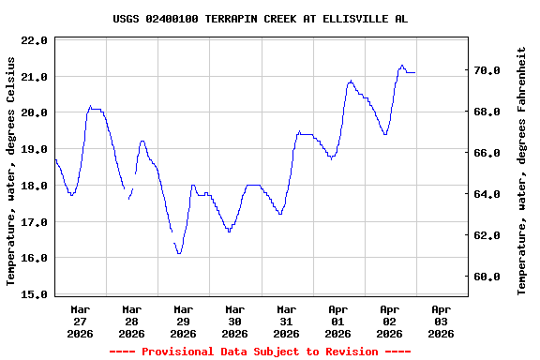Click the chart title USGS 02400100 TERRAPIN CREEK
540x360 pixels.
pos(260,19)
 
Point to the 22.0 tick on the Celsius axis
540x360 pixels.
pos(34,40)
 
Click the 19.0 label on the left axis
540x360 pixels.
pos(34,149)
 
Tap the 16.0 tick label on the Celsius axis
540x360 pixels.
pos(34,258)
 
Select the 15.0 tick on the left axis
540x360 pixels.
pos(34,294)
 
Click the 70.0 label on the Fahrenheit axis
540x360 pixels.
pos(488,70)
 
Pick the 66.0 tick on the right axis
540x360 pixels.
pos(488,153)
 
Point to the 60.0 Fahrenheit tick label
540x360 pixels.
pos(488,277)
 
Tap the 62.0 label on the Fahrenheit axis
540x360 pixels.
pos(488,235)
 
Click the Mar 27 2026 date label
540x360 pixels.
pos(80,321)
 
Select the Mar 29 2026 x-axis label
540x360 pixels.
pos(183,321)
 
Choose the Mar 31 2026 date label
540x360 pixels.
pos(286,321)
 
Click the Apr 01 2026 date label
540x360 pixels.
pos(337,321)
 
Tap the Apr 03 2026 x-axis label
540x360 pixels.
pos(441,321)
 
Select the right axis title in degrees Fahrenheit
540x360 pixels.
pos(521,171)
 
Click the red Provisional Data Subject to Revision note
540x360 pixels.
pos(260,352)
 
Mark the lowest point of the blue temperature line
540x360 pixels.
pos(178,253)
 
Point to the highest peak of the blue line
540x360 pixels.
pos(402,66)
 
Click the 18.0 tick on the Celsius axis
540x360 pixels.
pos(34,186)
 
